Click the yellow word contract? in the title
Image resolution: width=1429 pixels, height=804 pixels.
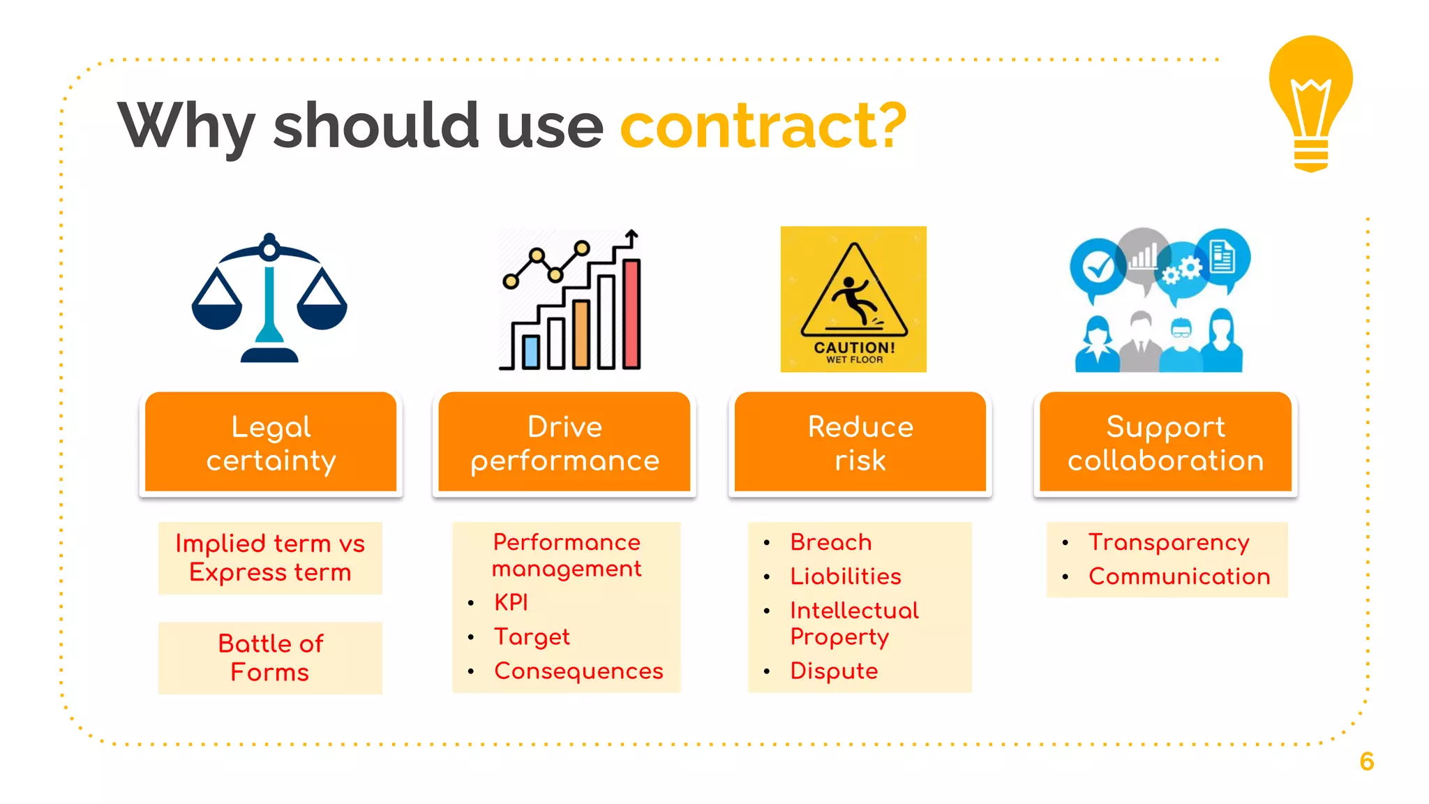[763, 126]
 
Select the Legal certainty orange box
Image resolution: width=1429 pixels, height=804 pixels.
[271, 443]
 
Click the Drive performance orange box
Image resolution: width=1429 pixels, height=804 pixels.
[564, 443]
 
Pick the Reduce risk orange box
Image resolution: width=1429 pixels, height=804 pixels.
[860, 443]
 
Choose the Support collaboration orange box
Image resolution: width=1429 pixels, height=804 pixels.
[1165, 443]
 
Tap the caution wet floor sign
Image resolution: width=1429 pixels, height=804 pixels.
[853, 299]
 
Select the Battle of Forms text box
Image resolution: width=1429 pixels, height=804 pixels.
[270, 657]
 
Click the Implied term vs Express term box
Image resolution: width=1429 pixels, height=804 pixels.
[270, 558]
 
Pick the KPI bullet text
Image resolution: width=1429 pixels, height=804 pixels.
[511, 602]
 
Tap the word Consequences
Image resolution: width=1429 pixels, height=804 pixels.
[578, 671]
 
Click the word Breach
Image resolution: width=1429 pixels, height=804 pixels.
[831, 542]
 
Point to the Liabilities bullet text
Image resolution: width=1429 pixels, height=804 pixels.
[846, 576]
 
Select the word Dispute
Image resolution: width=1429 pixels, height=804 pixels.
[834, 671]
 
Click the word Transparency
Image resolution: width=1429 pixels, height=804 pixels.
[1169, 542]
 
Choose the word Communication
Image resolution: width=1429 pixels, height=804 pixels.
[1179, 576]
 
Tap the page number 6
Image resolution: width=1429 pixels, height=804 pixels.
[1367, 761]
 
